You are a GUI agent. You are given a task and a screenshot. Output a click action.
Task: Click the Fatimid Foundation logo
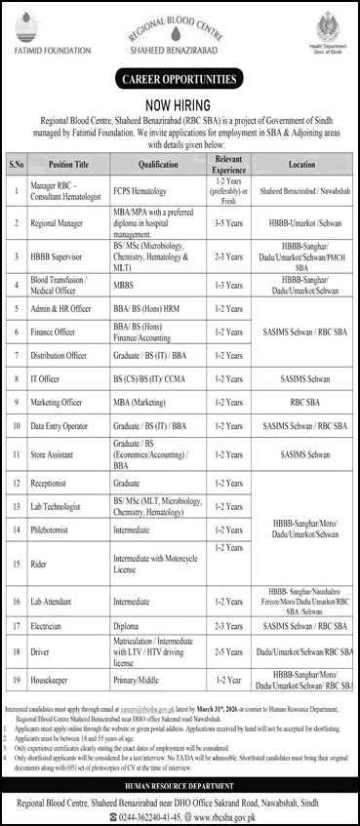(42, 29)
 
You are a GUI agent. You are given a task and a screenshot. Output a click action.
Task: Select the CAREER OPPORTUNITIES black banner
(180, 78)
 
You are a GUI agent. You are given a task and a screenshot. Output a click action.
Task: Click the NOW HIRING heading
(180, 98)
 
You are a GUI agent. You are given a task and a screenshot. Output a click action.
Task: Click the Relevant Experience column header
(229, 165)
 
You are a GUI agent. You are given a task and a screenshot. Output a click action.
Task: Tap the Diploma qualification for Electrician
(127, 622)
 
